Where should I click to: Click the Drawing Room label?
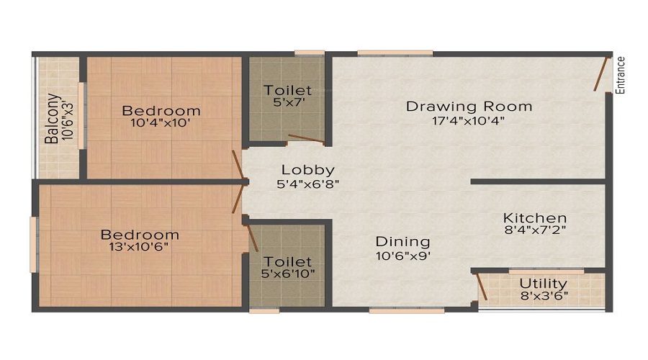(x=469, y=107)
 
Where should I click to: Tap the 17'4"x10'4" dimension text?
(x=469, y=121)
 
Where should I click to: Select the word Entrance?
(x=620, y=75)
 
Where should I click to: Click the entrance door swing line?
(x=600, y=74)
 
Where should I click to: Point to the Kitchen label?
(x=535, y=217)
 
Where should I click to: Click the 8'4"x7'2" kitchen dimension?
(x=535, y=230)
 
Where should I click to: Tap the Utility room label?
(x=543, y=284)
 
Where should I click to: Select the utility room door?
(x=482, y=286)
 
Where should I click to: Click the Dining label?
(x=402, y=242)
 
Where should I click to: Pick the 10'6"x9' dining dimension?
(x=403, y=256)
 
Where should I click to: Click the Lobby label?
(x=308, y=170)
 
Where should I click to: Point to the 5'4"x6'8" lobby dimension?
(x=308, y=184)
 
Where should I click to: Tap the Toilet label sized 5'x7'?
(x=287, y=90)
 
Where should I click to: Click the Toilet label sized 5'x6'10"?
(x=287, y=261)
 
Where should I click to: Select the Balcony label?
(x=53, y=119)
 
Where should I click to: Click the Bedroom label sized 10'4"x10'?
(x=161, y=111)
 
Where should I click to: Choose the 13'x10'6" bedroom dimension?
(x=139, y=247)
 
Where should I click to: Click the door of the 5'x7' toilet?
(x=306, y=139)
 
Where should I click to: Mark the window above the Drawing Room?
(x=395, y=53)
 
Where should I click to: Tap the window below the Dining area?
(x=407, y=310)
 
